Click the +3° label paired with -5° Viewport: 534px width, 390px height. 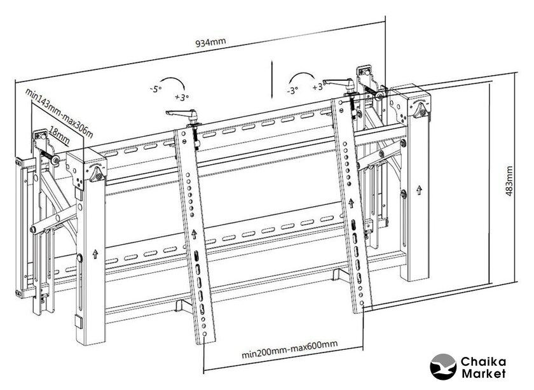point(181,97)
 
